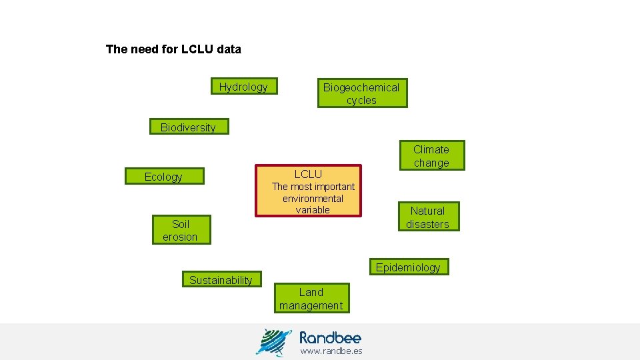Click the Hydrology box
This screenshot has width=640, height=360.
click(243, 87)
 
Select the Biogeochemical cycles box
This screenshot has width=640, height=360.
click(361, 93)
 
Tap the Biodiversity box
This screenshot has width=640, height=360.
click(188, 127)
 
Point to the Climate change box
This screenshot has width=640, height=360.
click(431, 156)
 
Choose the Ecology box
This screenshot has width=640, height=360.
click(163, 177)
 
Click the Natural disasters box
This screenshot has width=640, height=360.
click(427, 217)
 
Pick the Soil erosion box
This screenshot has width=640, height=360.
click(180, 230)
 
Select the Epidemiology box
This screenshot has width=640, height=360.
click(408, 267)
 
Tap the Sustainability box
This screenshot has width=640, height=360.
click(221, 280)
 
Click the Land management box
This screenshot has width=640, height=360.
click(311, 299)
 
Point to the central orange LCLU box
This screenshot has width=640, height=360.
click(308, 191)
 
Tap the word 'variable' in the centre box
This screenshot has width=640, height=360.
click(313, 210)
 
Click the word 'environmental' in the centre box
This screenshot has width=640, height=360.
click(313, 199)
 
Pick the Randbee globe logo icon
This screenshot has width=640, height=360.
click(273, 342)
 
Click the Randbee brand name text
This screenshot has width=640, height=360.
click(330, 337)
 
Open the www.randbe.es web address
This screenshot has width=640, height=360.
click(331, 351)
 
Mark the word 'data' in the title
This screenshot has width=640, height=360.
click(229, 49)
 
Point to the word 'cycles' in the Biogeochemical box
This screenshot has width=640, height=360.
click(361, 101)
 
